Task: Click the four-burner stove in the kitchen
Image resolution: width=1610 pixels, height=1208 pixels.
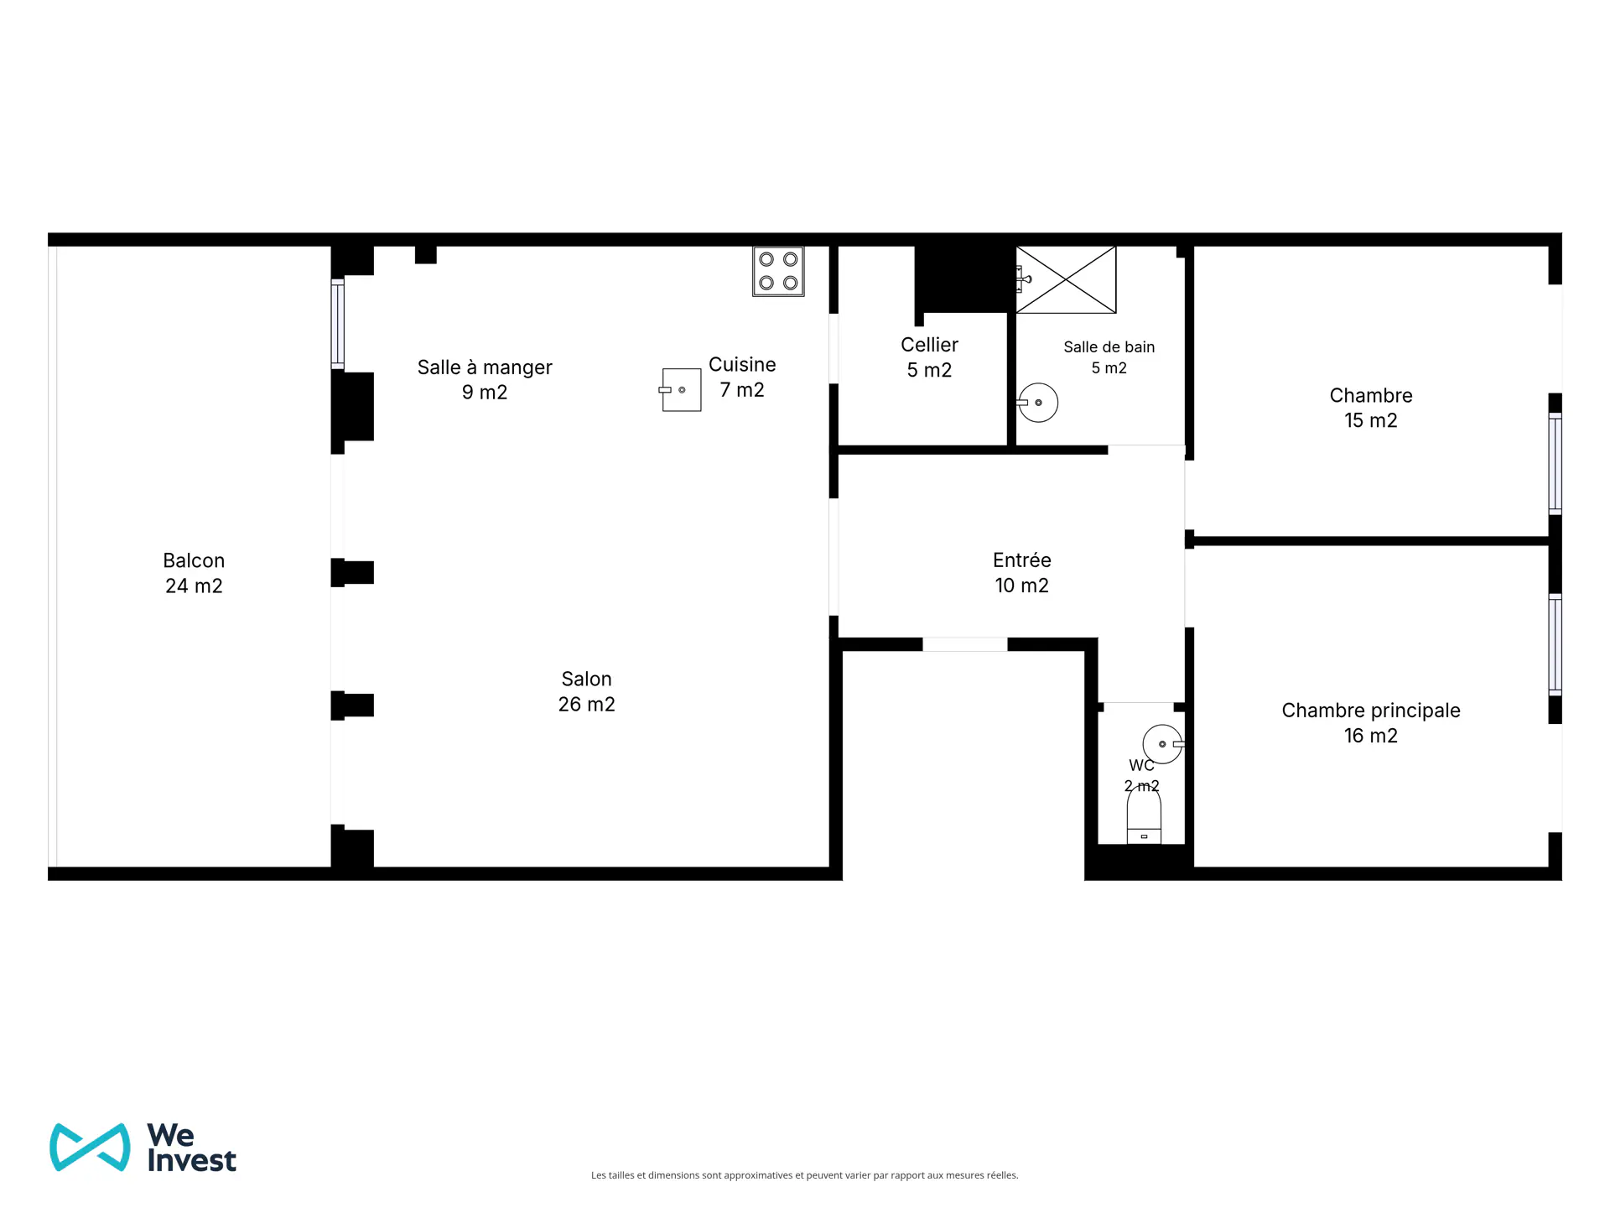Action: point(778,271)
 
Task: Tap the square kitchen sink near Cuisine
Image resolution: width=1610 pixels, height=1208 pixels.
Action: point(680,390)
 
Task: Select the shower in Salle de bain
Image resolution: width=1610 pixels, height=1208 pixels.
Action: point(1066,279)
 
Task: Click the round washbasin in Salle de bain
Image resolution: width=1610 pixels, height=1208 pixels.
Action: point(1037,403)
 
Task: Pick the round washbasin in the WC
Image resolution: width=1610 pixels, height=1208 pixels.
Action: point(1163,744)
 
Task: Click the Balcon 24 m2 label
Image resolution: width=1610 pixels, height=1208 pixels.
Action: point(194,573)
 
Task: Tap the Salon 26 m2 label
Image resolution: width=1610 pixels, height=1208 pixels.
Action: point(587,691)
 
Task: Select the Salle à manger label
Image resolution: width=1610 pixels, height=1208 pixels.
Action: point(485,367)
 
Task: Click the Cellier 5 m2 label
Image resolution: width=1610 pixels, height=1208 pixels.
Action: point(929,357)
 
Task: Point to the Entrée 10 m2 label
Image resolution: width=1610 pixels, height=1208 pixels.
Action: point(1022,573)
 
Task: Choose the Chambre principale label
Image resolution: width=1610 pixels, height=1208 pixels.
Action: point(1371,711)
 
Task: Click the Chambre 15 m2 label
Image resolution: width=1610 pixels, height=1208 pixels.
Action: point(1371,408)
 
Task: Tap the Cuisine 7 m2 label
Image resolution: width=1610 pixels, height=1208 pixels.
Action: point(742,377)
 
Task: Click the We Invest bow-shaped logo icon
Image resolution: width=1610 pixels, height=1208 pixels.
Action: point(90,1147)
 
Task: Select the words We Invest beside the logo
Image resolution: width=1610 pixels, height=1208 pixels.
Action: point(191,1148)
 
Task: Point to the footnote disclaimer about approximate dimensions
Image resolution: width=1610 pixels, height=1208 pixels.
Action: point(805,1175)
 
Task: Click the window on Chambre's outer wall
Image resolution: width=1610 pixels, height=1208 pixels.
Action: point(1555,464)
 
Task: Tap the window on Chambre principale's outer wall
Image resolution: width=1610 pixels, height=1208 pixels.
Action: point(1555,644)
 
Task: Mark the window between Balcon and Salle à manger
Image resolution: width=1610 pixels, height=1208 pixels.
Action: point(337,324)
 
